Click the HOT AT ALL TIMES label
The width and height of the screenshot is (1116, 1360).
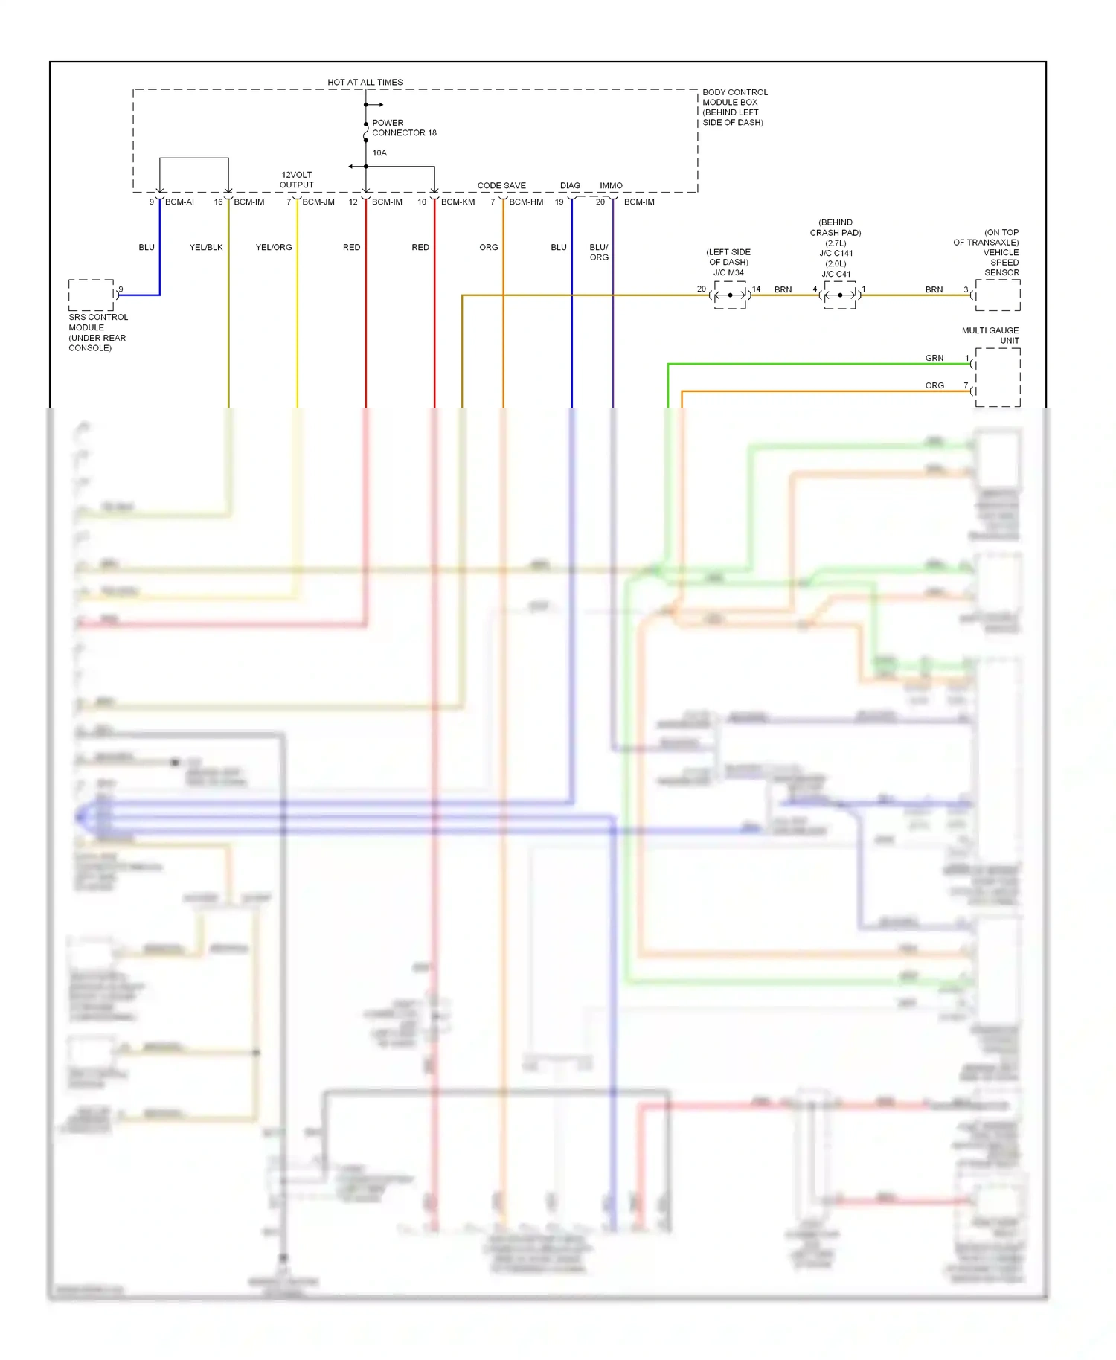(365, 83)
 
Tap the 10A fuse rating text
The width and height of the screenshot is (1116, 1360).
(379, 153)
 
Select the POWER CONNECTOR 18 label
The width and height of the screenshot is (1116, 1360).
(404, 128)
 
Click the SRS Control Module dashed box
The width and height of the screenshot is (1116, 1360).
(92, 295)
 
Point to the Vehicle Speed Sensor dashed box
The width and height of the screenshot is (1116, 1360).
(998, 295)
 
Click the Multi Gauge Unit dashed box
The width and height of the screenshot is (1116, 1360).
(998, 377)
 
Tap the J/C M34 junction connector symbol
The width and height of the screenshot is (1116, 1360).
(730, 295)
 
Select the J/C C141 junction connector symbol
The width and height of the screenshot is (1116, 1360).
(840, 295)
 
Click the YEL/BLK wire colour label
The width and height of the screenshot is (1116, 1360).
(206, 248)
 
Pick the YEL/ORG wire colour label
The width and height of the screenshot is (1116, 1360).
(274, 248)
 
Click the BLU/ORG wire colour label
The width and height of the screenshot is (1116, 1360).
(599, 252)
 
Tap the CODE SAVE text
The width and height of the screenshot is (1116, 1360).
(501, 186)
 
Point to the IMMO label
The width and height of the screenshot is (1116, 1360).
(611, 186)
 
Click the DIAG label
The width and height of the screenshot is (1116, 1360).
(570, 186)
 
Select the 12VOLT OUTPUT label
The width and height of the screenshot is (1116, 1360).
(297, 180)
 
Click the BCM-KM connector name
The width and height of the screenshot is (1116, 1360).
(458, 202)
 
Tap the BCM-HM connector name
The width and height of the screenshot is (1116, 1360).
(526, 202)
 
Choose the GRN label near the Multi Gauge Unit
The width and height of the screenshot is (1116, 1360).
(934, 359)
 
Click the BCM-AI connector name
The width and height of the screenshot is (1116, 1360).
(179, 202)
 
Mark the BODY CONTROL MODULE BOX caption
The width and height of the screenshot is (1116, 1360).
(734, 107)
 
